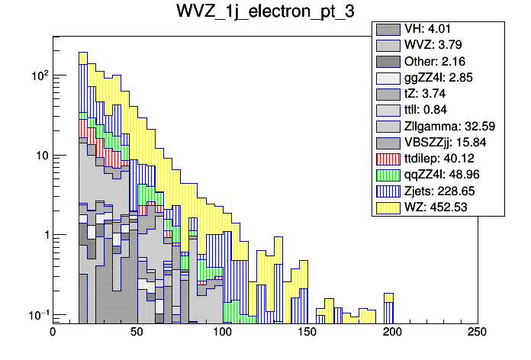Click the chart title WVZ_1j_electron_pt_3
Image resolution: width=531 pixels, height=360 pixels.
coord(265,13)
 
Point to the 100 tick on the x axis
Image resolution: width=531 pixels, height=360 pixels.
coord(222,333)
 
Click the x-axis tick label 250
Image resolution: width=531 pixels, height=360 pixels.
coord(476,333)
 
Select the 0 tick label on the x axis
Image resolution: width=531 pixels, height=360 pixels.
coord(53,333)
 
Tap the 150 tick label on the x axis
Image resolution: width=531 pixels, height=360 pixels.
coord(307,333)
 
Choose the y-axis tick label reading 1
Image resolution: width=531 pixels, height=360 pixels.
coord(44,236)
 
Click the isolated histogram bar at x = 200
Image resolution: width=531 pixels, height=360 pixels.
coord(388,307)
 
